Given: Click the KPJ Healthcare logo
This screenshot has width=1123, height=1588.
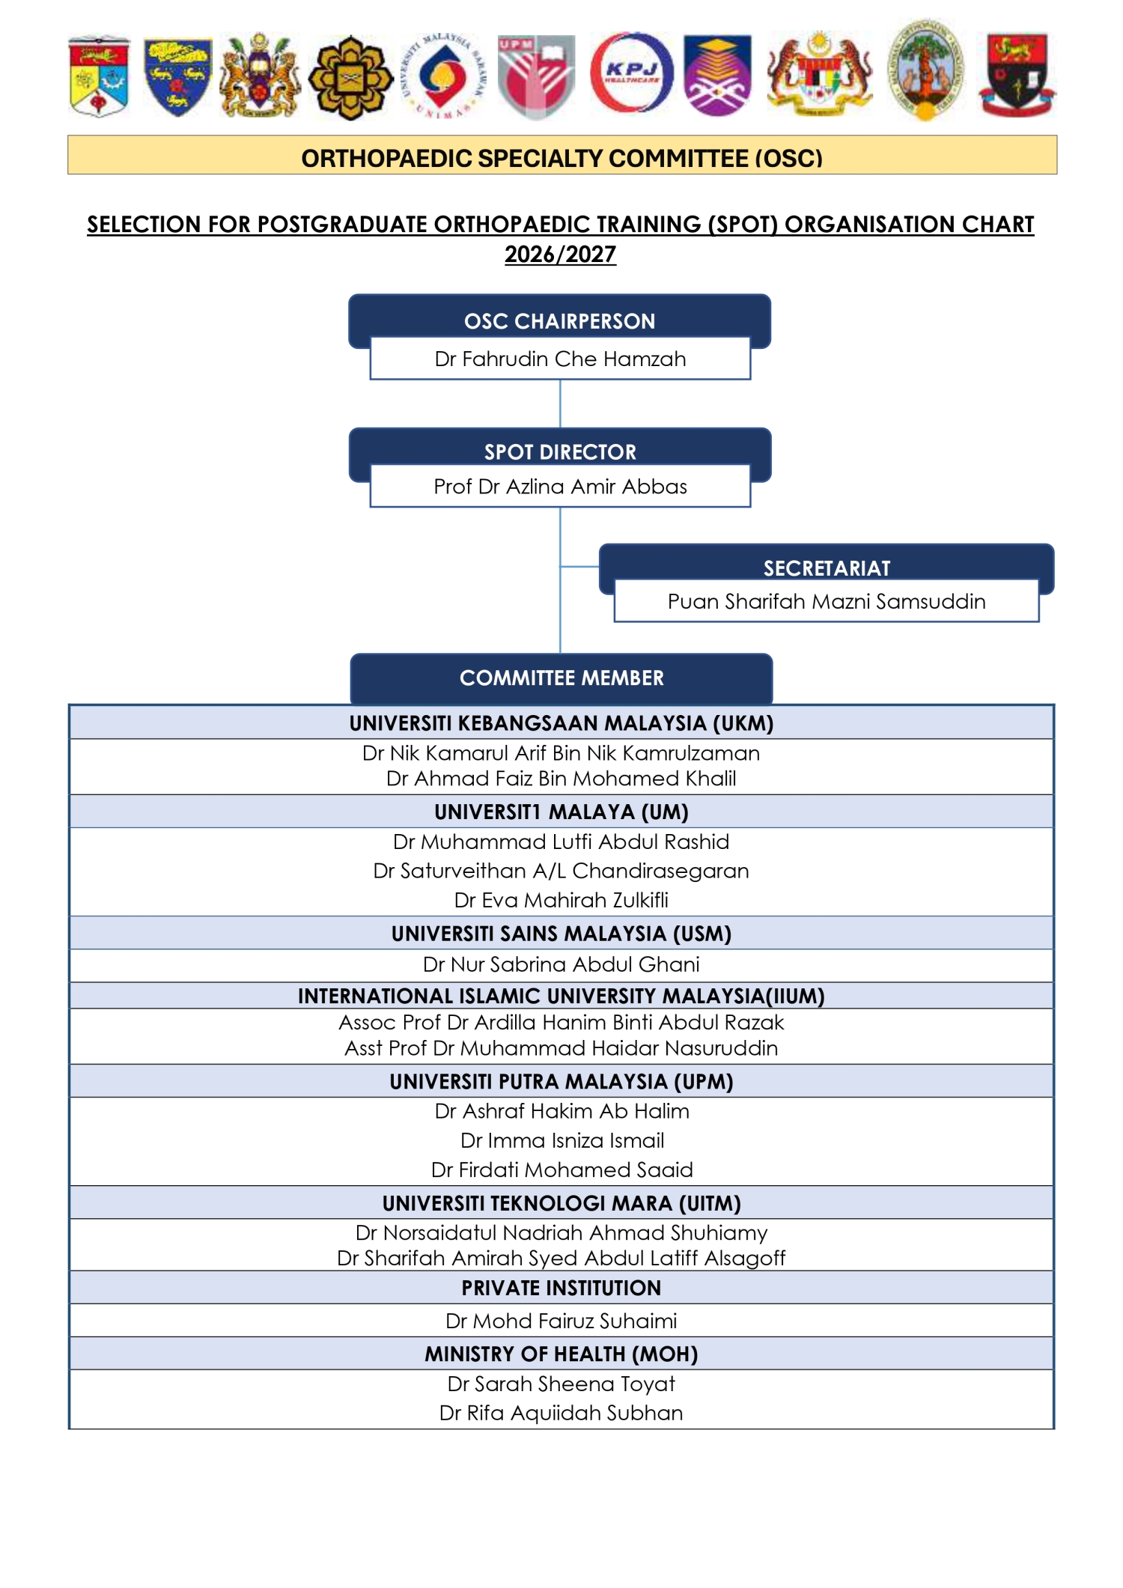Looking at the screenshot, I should (x=631, y=73).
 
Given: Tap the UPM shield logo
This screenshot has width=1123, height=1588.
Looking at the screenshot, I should (x=537, y=75).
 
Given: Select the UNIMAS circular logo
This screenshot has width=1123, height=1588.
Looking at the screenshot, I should (x=443, y=75).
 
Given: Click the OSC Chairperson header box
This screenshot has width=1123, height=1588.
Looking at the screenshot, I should (x=559, y=320).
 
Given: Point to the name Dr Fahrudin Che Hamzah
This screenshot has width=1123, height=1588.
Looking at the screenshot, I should (x=560, y=359).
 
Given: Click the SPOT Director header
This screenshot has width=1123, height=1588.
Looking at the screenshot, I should (x=560, y=451).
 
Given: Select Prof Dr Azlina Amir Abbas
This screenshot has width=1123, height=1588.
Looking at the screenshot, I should (x=560, y=487).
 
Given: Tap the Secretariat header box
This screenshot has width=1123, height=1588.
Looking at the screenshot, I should (x=827, y=568).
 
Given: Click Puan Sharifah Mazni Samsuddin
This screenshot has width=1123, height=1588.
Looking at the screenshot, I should (x=827, y=601).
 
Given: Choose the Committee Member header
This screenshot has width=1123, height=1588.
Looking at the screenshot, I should (x=561, y=678).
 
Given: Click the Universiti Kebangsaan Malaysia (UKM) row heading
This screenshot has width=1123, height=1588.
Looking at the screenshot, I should (x=561, y=723).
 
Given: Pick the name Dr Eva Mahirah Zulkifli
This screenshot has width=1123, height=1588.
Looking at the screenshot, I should (x=561, y=900).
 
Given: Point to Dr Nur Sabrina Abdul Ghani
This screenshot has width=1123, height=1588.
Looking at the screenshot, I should (x=561, y=964).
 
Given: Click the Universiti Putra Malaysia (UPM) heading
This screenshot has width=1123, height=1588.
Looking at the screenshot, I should (x=561, y=1081).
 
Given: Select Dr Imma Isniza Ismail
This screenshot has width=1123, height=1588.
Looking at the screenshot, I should (x=562, y=1140).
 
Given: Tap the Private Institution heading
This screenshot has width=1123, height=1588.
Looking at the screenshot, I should (x=561, y=1288).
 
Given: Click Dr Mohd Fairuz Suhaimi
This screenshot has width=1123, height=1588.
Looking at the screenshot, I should (x=561, y=1321).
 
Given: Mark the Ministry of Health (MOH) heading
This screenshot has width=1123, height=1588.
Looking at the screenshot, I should (x=561, y=1354).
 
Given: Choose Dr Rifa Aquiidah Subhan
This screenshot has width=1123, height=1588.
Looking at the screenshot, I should (x=561, y=1413).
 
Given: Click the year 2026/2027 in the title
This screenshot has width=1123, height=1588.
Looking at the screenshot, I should (x=560, y=255).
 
